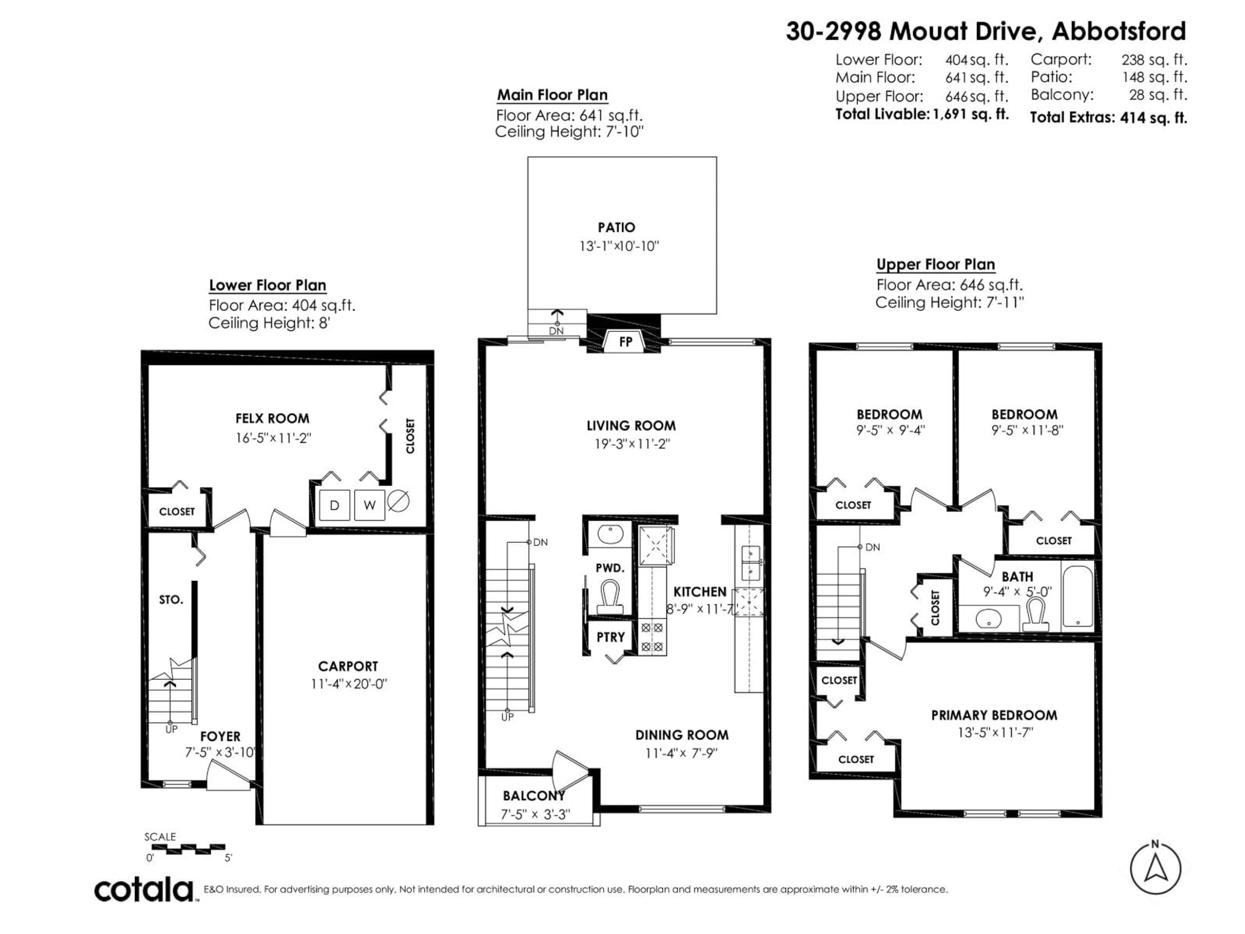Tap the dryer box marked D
[x=334, y=505]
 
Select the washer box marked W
[x=369, y=505]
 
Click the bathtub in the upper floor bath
[x=1077, y=597]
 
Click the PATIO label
[x=616, y=227]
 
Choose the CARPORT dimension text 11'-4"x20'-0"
[x=349, y=684]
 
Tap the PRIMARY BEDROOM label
[x=994, y=715]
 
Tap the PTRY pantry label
[x=611, y=637]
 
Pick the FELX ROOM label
[x=272, y=418]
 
